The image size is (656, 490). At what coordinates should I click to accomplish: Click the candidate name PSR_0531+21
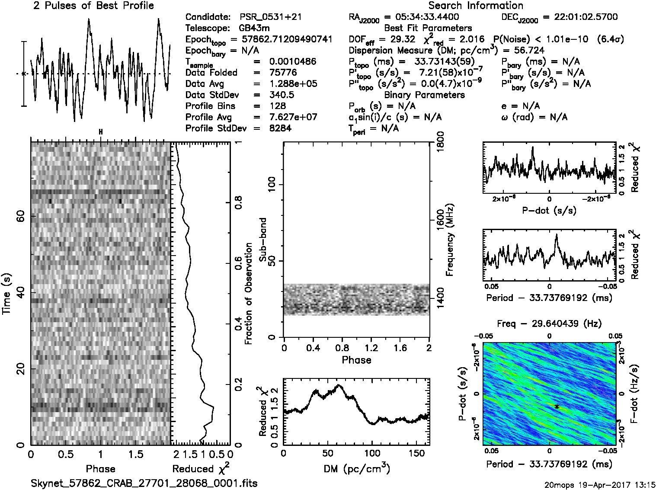coord(271,17)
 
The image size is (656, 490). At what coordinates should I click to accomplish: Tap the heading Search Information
coord(476,6)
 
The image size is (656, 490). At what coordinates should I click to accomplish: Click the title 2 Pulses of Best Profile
coord(93,6)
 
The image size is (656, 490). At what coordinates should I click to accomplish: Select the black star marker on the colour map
coord(557,407)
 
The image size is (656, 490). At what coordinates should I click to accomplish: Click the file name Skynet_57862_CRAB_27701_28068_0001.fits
coord(144,483)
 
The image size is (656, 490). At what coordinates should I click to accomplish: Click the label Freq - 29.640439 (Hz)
coord(549,323)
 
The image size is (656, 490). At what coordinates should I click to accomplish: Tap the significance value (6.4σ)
coord(610,39)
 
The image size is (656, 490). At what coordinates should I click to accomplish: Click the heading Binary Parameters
coord(424,95)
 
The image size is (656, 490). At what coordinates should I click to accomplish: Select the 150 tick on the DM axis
coord(417,454)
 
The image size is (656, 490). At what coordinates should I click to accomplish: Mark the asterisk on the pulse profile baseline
coord(24,74)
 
